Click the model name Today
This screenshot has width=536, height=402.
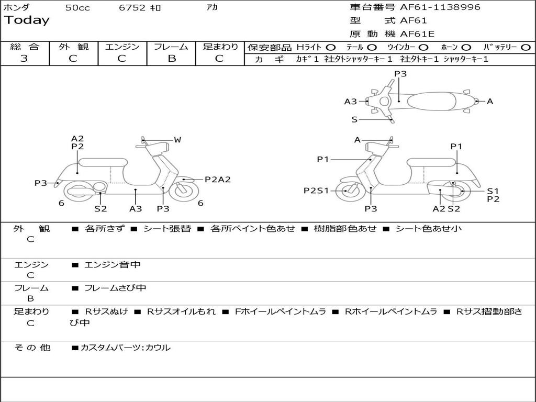click(27, 20)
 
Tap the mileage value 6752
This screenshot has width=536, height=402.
click(132, 8)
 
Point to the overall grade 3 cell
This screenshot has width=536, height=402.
click(24, 59)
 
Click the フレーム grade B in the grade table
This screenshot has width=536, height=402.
click(171, 59)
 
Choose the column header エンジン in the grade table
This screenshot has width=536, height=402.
click(122, 47)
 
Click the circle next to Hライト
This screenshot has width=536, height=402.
click(331, 47)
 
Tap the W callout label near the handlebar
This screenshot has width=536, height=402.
click(177, 140)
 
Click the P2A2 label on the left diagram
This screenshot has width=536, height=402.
click(218, 179)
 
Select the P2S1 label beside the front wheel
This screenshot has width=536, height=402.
click(316, 191)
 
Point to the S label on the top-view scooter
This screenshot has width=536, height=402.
click(354, 119)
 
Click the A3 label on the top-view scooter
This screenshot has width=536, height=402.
click(350, 102)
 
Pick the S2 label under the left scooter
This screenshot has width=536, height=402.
click(100, 209)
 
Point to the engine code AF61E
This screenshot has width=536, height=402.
click(417, 35)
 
